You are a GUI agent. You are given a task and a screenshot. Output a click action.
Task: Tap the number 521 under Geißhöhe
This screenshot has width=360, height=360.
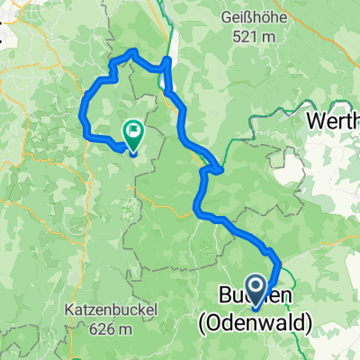[x=244, y=37]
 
